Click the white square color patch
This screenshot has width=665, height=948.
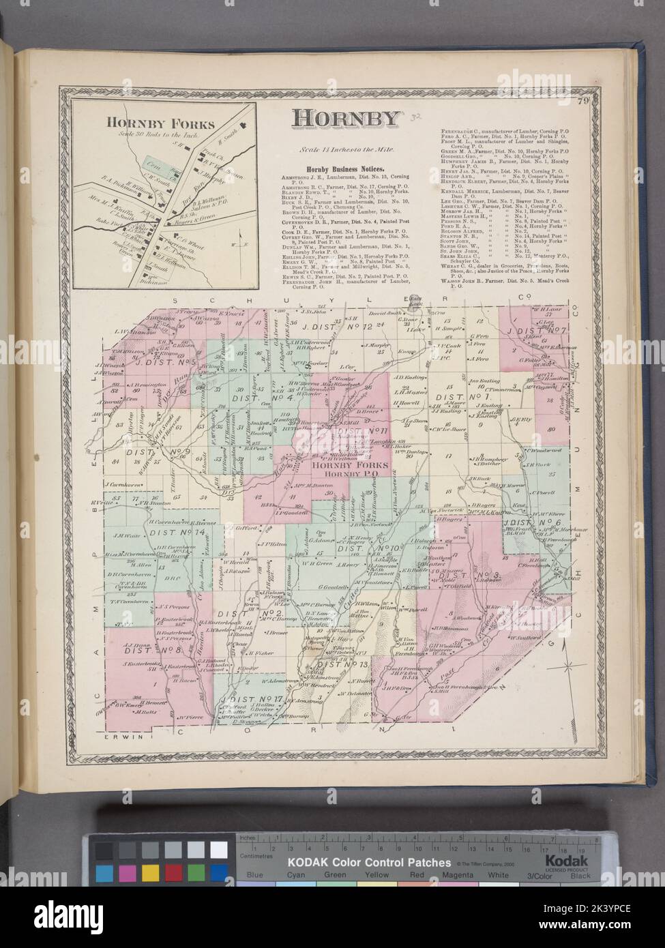[x=218, y=850]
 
